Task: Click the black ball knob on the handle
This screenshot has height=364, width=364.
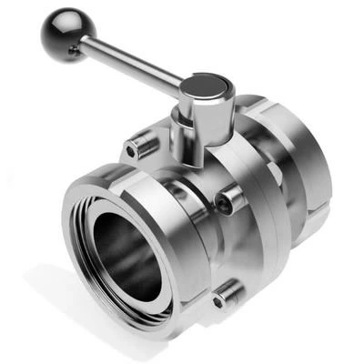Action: pos(61,34)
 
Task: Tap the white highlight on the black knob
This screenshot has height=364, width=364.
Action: pos(55,25)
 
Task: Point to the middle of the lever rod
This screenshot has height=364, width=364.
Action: pos(132,63)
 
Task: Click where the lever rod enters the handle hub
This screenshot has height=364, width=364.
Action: pos(183,88)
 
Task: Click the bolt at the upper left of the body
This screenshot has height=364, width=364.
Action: pos(141,144)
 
